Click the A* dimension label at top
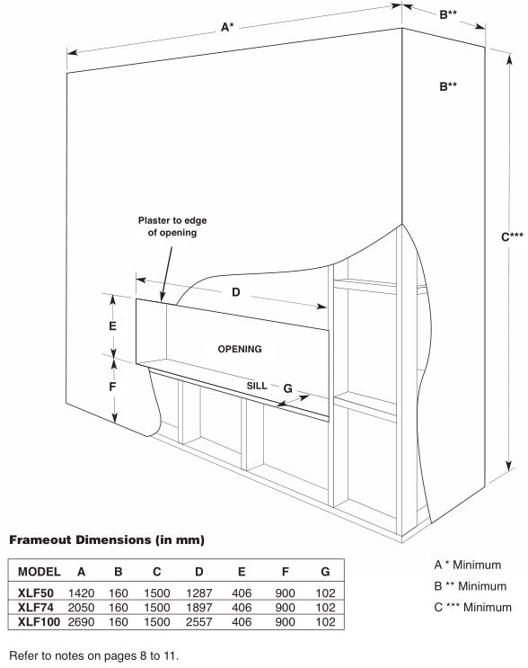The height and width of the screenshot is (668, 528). (227, 27)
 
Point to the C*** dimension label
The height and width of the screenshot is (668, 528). (512, 236)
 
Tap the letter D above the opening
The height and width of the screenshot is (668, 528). (235, 292)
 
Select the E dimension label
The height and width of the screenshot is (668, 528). (112, 325)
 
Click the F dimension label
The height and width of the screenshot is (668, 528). (112, 387)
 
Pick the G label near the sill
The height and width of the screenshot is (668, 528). (287, 388)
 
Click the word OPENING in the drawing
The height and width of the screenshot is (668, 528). (240, 349)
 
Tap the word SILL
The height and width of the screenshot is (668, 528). (257, 386)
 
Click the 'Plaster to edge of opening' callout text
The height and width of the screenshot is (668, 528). (172, 227)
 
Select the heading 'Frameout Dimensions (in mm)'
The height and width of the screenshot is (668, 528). (107, 539)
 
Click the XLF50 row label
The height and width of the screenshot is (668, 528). (36, 593)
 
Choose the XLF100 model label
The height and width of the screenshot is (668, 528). (39, 622)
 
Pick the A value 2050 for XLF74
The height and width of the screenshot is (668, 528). (81, 608)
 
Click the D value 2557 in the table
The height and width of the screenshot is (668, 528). (199, 622)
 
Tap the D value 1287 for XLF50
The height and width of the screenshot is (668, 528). (199, 593)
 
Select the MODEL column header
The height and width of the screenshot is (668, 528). (40, 571)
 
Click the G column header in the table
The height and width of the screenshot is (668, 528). (325, 571)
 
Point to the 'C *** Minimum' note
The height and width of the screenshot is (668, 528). (472, 607)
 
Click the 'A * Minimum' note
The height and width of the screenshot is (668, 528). (468, 565)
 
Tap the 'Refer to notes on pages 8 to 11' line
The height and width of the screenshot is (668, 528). (94, 655)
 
